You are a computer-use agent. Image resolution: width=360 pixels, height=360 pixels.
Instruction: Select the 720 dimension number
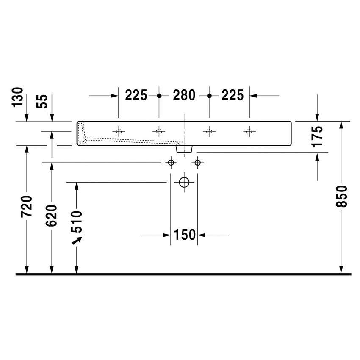point(27,206)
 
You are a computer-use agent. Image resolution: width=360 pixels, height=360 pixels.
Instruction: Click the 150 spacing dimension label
point(184,234)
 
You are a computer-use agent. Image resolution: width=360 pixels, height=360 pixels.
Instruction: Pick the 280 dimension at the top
point(184,96)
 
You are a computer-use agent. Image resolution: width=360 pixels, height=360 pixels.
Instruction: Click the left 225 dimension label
point(136,96)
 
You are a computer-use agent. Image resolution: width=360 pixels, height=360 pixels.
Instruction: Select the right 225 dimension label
point(232,96)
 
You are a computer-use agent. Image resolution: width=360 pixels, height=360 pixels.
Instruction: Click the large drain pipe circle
point(184,183)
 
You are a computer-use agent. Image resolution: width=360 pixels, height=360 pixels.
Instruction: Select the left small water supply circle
point(171,163)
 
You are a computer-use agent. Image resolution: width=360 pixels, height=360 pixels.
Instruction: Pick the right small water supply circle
point(197,163)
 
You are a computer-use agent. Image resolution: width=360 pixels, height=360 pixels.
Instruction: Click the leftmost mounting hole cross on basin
point(119,131)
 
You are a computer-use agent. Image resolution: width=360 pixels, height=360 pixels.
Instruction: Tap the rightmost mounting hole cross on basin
point(249,131)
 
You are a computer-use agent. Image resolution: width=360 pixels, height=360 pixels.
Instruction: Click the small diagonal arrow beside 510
point(77,241)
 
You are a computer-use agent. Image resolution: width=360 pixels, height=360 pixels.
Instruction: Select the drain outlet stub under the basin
point(184,149)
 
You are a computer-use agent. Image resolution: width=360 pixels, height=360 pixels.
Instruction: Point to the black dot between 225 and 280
point(159,96)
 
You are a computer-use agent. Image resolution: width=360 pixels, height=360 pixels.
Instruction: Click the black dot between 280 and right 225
point(208,96)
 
